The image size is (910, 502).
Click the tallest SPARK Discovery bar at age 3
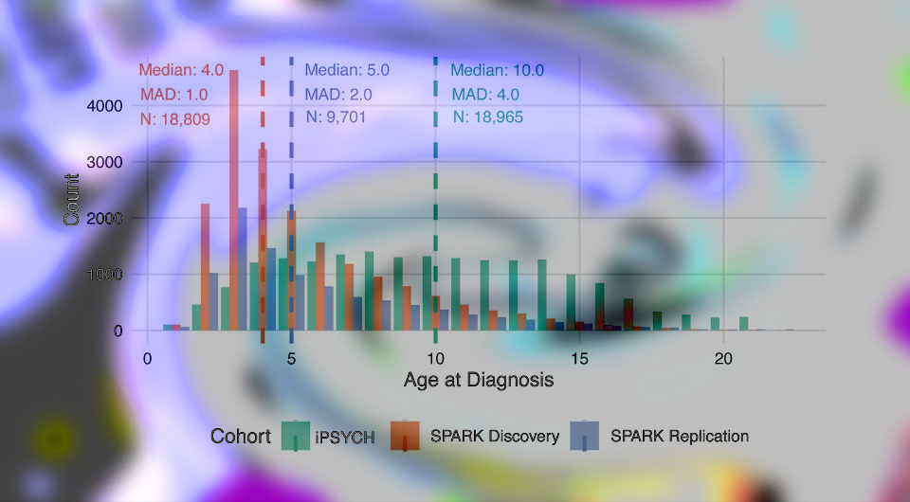[x=233, y=199]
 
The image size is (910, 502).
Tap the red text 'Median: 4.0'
[x=181, y=69]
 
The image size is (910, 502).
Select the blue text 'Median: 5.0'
[x=347, y=69]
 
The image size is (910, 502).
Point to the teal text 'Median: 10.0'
[x=497, y=70]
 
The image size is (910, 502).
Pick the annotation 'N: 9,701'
[x=336, y=117]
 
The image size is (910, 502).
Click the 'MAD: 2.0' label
[x=338, y=94]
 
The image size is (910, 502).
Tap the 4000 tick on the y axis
[x=105, y=106]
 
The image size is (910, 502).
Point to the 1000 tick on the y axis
[x=105, y=275]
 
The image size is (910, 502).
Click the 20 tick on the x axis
[x=723, y=359]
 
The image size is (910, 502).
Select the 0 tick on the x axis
[x=147, y=359]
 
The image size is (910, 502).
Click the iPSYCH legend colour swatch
[x=297, y=436]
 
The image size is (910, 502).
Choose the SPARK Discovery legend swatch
[x=405, y=436]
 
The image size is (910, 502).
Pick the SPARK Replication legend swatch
[x=585, y=436]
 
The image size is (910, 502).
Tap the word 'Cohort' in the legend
[x=241, y=437]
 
